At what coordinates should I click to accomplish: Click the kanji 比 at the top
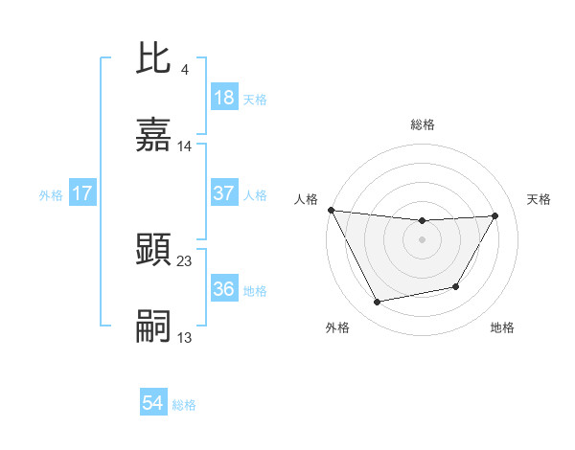coord(153,59)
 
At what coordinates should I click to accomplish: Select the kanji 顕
coord(153,249)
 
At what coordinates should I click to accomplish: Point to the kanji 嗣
coord(153,326)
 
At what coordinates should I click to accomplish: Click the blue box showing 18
coord(223,98)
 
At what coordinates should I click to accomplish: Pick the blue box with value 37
coord(223,193)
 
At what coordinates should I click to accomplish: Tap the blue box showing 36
coord(223,289)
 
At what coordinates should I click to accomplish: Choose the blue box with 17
coord(81,193)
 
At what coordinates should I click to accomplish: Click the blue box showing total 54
coord(153,403)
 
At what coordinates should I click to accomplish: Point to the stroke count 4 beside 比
coord(184,69)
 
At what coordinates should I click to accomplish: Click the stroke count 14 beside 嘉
coord(185,146)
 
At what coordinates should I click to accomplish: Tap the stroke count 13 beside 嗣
coord(185,338)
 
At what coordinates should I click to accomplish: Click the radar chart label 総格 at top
coord(423,124)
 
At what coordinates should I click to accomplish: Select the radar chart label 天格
coord(539,199)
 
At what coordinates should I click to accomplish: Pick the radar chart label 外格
coord(337,327)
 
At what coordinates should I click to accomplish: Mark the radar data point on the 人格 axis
coord(331,210)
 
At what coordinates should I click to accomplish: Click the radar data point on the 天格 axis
coord(494,216)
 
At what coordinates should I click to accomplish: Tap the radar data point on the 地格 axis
coord(456,286)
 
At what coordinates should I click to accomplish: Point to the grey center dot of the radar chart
coord(423,239)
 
